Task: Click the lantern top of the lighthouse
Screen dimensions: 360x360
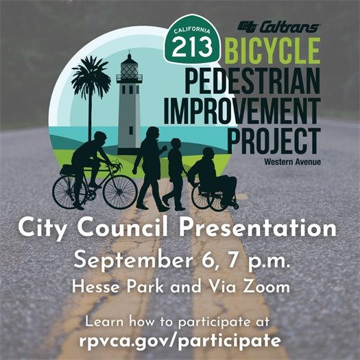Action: tap(129, 68)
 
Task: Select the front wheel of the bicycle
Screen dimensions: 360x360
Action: tap(120, 191)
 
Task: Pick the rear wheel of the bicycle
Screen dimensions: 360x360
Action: tap(70, 191)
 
